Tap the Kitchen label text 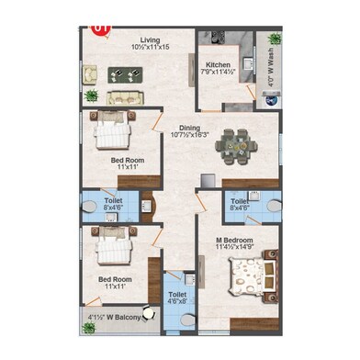(218, 65)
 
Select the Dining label (189, 127)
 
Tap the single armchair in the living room (90, 74)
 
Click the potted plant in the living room (91, 96)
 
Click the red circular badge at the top (101, 28)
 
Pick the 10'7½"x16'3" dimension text (189, 135)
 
